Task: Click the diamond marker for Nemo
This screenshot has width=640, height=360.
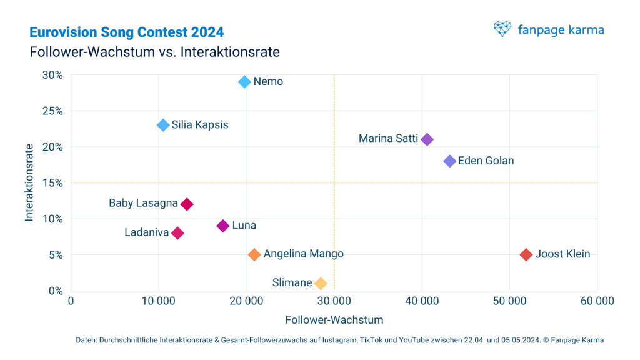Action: tap(244, 82)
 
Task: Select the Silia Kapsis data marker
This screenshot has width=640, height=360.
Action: tap(163, 125)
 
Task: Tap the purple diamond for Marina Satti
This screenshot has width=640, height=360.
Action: tap(427, 139)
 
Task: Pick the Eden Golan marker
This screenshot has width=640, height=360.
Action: tap(449, 161)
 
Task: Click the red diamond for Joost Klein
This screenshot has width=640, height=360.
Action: tap(526, 254)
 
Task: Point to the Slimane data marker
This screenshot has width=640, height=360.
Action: tap(321, 283)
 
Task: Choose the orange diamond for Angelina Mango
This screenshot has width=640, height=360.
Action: tap(254, 254)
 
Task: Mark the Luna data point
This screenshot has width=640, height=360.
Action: tap(223, 226)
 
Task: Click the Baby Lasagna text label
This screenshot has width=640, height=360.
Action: tap(143, 203)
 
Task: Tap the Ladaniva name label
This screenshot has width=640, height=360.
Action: tap(146, 232)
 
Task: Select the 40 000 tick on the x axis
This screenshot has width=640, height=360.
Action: tap(422, 301)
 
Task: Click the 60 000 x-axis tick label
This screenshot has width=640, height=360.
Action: tap(597, 301)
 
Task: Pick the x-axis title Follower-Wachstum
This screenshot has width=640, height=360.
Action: tap(334, 319)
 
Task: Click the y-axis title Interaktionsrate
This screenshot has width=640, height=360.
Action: tap(29, 183)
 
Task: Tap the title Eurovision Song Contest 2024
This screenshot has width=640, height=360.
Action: tap(127, 32)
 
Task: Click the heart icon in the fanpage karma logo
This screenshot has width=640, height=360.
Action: tap(502, 29)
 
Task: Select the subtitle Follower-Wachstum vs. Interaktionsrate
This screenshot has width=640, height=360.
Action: tap(154, 52)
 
